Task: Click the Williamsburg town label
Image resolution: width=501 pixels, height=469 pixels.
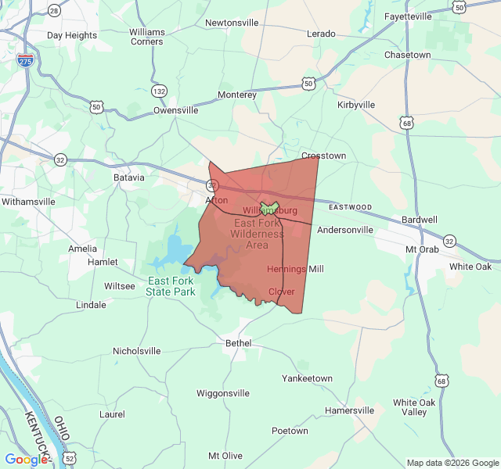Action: (x=270, y=211)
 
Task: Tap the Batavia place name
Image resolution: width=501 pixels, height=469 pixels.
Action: (x=129, y=177)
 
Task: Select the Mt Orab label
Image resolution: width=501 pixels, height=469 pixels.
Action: (x=422, y=249)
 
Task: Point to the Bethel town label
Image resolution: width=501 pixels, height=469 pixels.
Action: (x=238, y=343)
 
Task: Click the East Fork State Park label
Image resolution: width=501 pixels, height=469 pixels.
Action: (x=170, y=286)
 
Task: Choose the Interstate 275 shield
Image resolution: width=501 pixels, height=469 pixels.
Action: (x=26, y=60)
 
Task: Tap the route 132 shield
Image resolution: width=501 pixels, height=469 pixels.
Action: (x=160, y=91)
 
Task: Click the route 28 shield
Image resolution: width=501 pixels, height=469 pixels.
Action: (x=53, y=10)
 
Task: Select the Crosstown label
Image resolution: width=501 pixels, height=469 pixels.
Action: (x=323, y=156)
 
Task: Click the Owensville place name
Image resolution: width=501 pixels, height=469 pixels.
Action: (x=175, y=110)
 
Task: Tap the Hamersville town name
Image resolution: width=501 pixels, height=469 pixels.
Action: (x=349, y=410)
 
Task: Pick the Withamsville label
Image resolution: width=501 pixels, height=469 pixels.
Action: (x=28, y=201)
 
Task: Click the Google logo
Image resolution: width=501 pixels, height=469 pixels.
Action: (x=25, y=460)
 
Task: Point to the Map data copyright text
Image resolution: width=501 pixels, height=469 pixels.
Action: (x=452, y=463)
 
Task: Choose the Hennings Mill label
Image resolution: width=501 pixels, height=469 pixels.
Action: (x=295, y=269)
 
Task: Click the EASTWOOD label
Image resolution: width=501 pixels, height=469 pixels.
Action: (x=350, y=207)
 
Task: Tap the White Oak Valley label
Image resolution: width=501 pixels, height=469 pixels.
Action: (x=414, y=407)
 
